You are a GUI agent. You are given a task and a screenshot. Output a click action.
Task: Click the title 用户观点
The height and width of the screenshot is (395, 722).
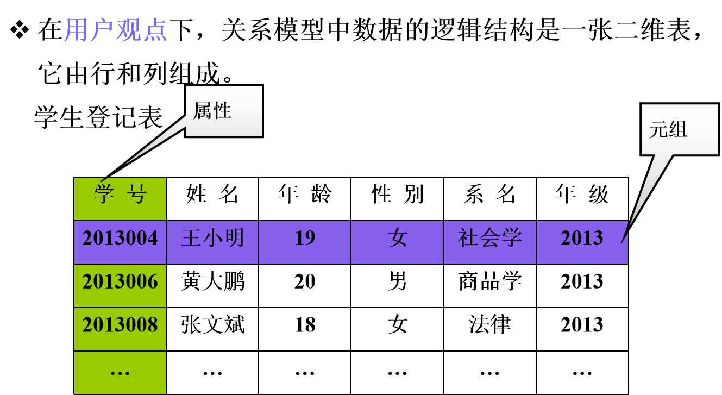[x=115, y=30]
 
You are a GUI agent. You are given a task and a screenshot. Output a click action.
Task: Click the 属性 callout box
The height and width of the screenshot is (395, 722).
[x=224, y=111]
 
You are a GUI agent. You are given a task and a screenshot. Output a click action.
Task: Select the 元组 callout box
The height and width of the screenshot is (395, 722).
[x=680, y=129]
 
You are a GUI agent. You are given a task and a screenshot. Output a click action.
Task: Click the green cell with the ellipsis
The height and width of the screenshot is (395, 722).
[x=120, y=372]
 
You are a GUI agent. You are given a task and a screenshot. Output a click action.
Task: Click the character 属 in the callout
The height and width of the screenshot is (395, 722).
[x=202, y=111]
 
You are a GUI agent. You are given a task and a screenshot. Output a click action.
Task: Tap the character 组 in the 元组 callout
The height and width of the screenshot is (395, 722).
[x=678, y=129]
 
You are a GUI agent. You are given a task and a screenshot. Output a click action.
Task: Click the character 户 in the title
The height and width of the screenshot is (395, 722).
[x=102, y=30]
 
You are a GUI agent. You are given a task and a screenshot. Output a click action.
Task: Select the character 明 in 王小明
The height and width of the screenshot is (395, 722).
[x=235, y=239]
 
